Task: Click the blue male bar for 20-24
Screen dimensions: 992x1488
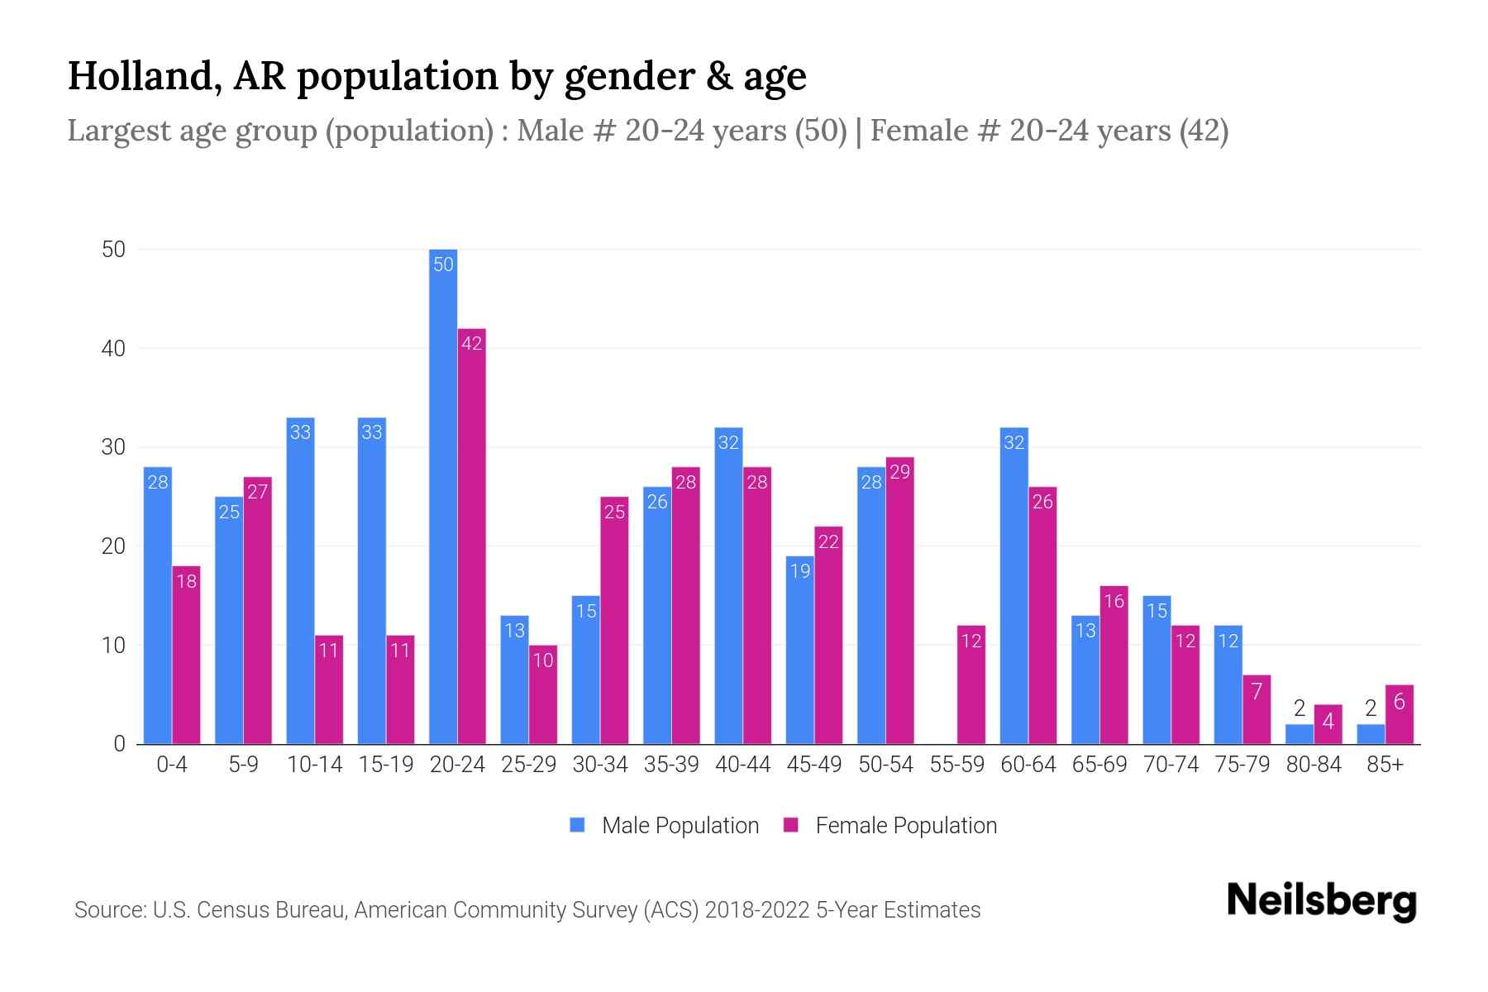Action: coord(443,496)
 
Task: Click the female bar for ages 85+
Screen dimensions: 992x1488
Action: coord(1400,714)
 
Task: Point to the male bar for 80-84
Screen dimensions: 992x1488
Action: coord(1300,734)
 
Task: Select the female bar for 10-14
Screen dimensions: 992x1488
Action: coord(329,689)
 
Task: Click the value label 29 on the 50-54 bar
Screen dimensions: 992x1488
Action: coord(899,472)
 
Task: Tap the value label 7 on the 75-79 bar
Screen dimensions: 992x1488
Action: coord(1257,691)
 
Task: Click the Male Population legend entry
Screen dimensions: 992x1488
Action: coord(665,825)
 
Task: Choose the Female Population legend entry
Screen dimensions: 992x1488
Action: coord(890,825)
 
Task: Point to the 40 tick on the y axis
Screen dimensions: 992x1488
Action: coord(113,349)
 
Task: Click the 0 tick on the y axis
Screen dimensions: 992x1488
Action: coord(119,744)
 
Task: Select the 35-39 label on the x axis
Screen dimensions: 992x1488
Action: coord(671,765)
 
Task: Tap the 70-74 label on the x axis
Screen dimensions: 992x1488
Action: coord(1171,765)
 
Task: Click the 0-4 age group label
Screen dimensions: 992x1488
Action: coord(172,765)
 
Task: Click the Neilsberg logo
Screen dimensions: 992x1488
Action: coord(1321,901)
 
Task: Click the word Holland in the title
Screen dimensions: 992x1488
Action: coord(137,76)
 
